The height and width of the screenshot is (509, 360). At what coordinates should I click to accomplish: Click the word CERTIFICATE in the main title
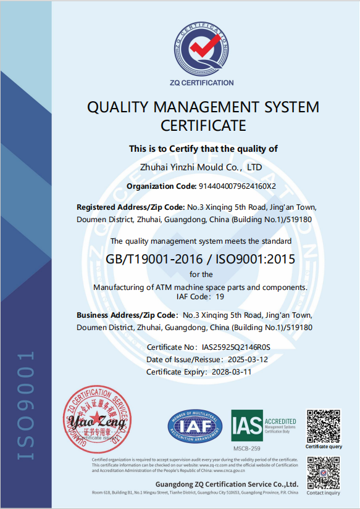[x=203, y=126]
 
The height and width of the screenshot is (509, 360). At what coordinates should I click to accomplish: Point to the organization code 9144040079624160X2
[x=237, y=186]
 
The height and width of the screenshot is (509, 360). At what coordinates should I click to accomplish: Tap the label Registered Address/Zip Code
[x=130, y=207]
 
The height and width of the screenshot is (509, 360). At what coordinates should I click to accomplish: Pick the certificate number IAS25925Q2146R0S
[x=236, y=348]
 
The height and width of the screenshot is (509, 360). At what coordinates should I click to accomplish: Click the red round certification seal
[x=98, y=419]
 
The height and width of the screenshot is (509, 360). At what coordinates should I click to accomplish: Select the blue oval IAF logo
[x=193, y=426]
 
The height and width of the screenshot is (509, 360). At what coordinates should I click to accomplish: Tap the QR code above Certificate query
[x=324, y=425]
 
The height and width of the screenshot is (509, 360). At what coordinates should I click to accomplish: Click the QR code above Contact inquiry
[x=324, y=473]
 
